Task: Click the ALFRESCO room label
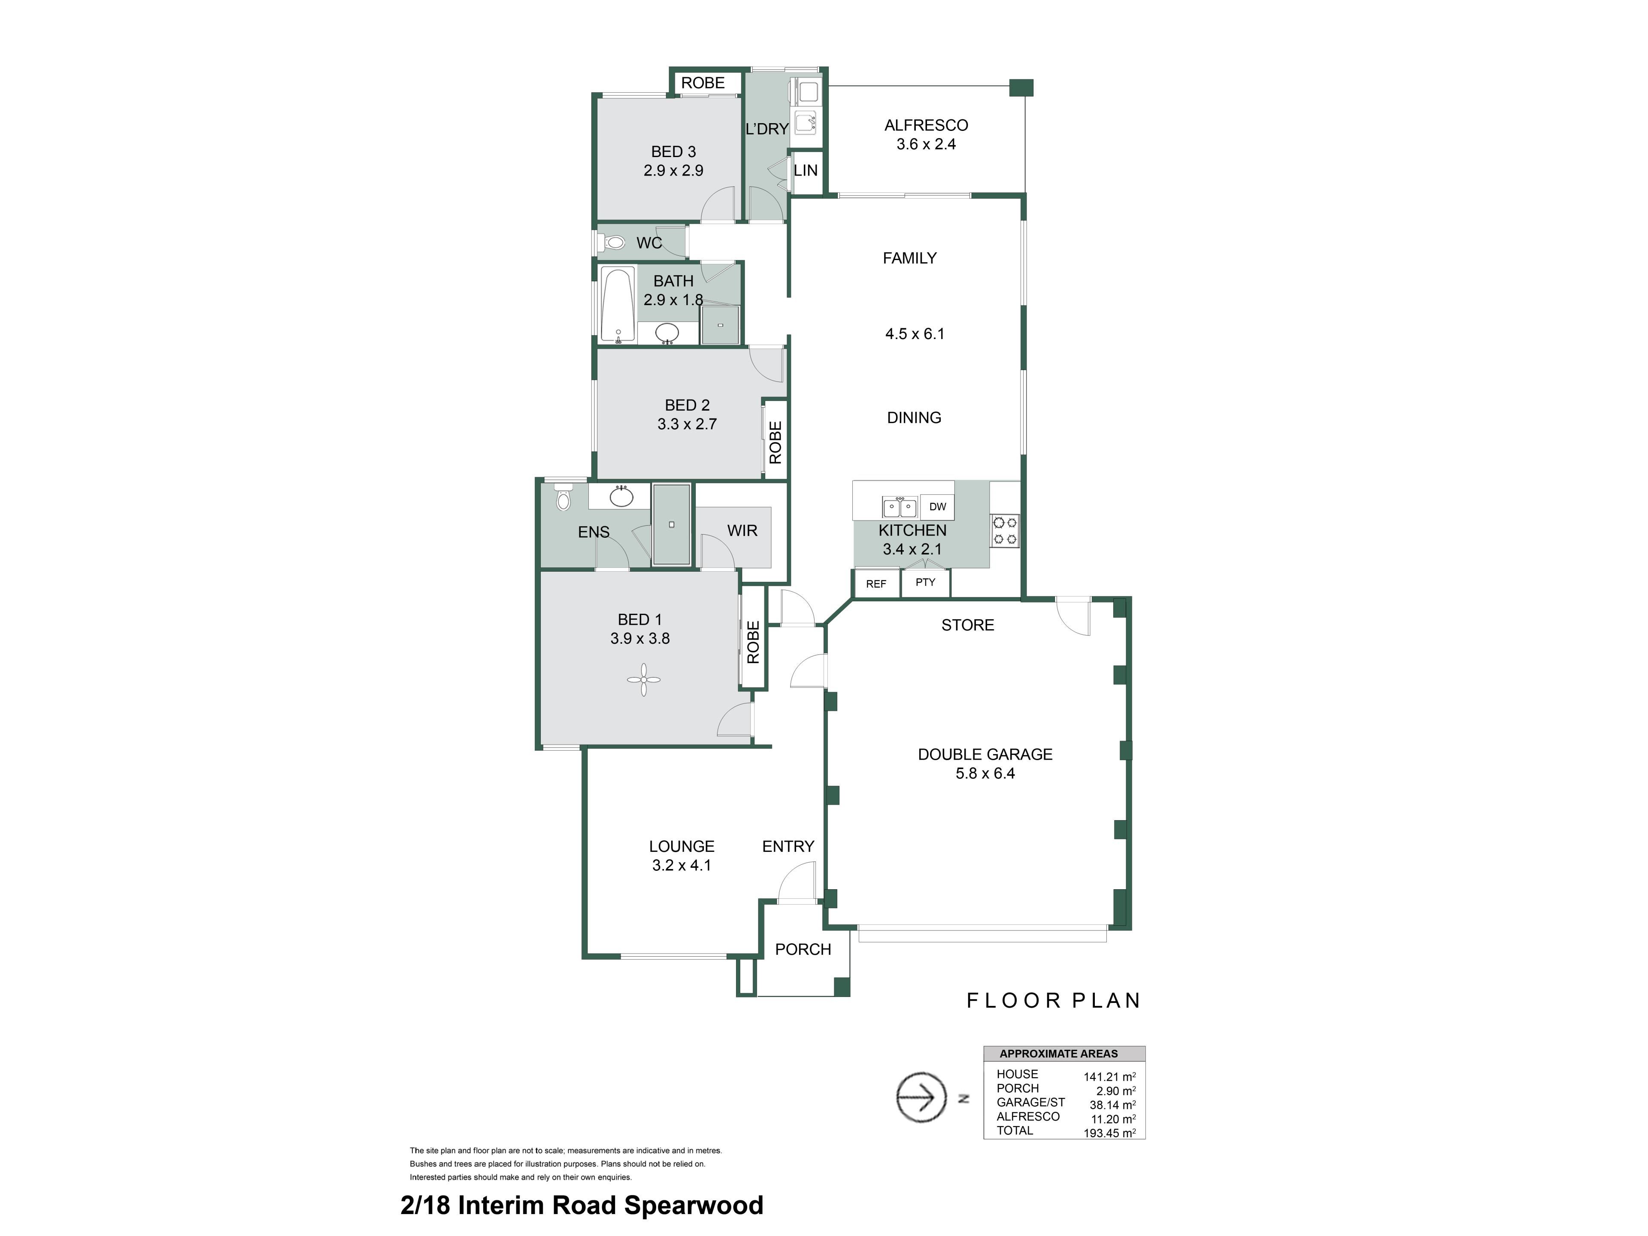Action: click(926, 125)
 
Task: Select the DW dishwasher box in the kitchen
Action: click(937, 506)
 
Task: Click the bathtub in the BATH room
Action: click(618, 306)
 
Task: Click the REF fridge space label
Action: click(876, 584)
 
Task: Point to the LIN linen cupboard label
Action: click(806, 170)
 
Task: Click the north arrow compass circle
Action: click(921, 1097)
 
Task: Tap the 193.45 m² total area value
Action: click(1109, 1133)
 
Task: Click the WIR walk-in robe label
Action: click(742, 530)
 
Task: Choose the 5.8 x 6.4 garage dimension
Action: click(985, 773)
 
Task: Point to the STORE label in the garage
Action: click(968, 625)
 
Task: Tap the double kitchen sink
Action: click(899, 506)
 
